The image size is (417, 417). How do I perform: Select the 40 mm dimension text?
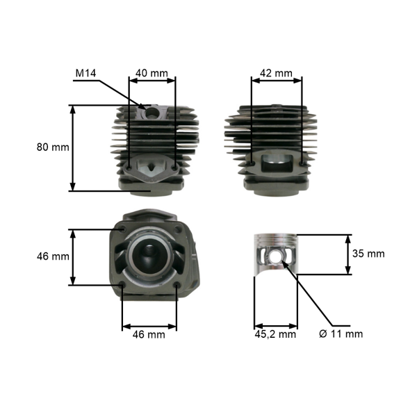152,73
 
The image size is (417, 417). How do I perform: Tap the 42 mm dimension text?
276,73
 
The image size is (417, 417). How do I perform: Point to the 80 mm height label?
53,147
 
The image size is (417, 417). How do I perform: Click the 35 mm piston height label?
368,254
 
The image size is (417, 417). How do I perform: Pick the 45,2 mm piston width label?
275,334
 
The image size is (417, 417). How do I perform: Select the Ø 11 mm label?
341,334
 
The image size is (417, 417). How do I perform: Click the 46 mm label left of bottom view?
53,256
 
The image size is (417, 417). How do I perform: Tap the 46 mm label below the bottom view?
149,334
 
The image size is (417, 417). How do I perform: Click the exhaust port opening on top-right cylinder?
277,167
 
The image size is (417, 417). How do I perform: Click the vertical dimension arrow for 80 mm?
72,147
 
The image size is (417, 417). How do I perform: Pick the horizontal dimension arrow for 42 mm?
277,81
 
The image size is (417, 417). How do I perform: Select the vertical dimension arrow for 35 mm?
347,254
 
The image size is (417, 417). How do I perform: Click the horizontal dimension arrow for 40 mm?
152,81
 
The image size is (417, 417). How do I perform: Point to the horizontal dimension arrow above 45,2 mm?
275,325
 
